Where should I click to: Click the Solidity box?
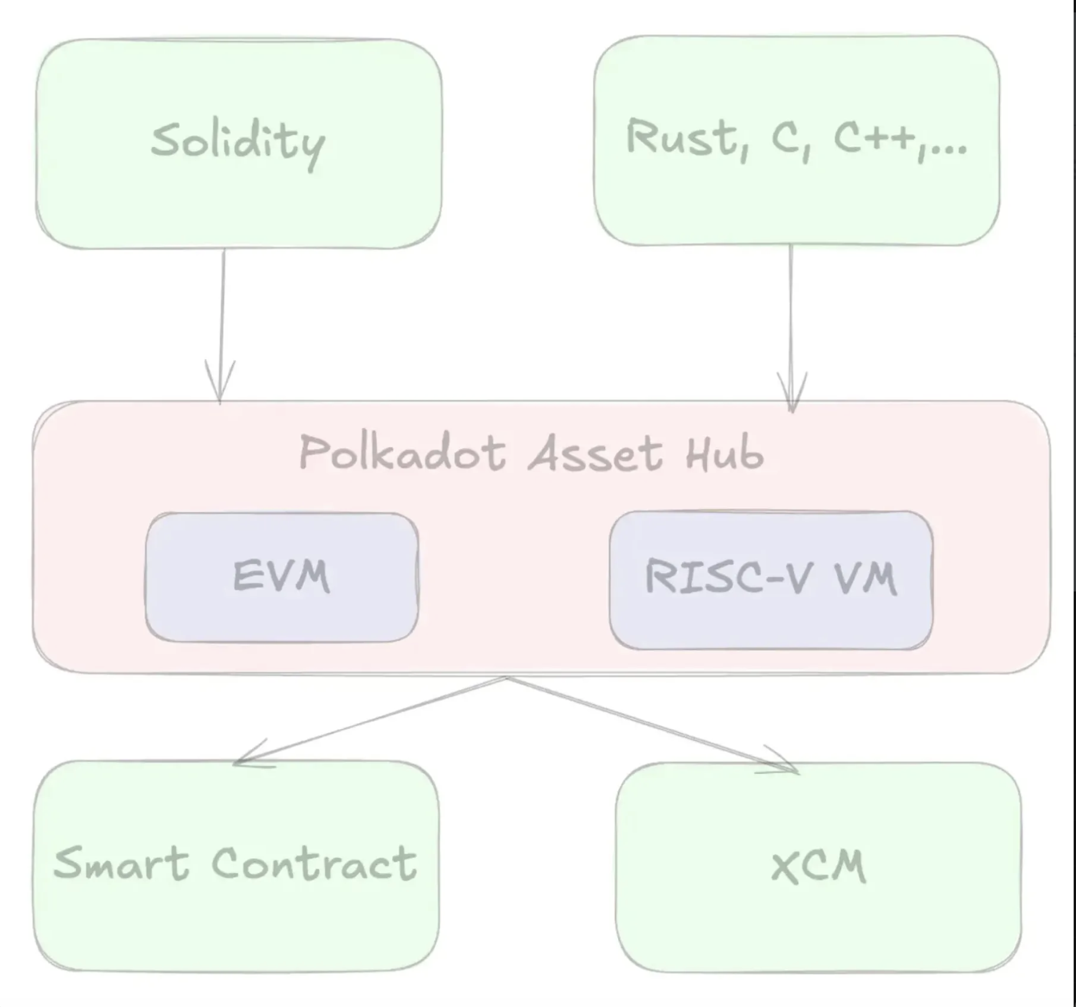tap(238, 143)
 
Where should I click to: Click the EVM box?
tap(282, 577)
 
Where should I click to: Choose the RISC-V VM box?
tap(771, 580)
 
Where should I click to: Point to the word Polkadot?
tap(402, 453)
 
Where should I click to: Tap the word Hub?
tap(724, 453)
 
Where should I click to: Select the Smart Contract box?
tap(236, 865)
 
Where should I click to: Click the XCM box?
tap(818, 867)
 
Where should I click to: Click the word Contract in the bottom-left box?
tap(314, 864)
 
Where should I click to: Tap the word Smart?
tap(121, 864)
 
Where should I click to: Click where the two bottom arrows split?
tap(506, 678)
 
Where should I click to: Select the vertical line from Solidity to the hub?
tap(223, 307)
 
